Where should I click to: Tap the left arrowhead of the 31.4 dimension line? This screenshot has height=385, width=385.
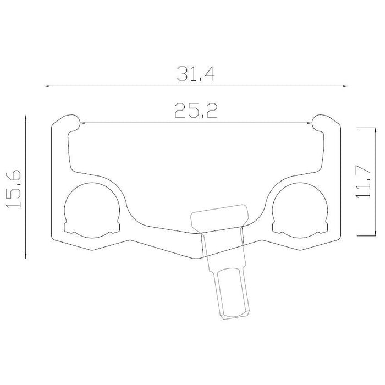[x=48, y=86]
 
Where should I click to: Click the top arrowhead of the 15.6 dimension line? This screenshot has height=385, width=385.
[x=26, y=117]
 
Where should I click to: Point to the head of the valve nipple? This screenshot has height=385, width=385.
[x=220, y=218]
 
